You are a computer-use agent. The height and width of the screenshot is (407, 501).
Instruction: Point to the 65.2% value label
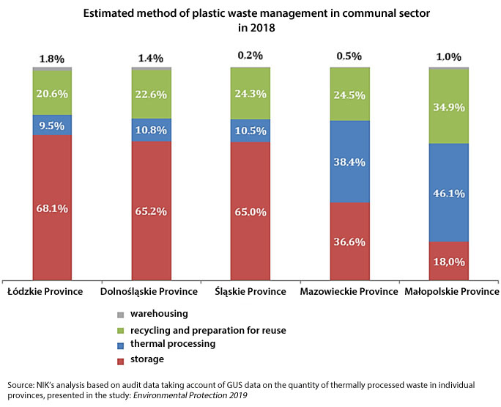[152, 211]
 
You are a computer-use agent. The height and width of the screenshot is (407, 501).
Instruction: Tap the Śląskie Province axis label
[250, 291]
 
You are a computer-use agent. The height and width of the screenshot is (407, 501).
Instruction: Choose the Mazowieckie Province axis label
[349, 291]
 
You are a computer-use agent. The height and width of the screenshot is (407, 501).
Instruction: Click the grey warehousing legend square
[119, 315]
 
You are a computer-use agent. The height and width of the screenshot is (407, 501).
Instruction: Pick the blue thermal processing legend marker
[119, 345]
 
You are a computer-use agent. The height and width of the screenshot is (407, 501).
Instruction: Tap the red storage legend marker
[119, 359]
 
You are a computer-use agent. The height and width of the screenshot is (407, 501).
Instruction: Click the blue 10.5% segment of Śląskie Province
[250, 131]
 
